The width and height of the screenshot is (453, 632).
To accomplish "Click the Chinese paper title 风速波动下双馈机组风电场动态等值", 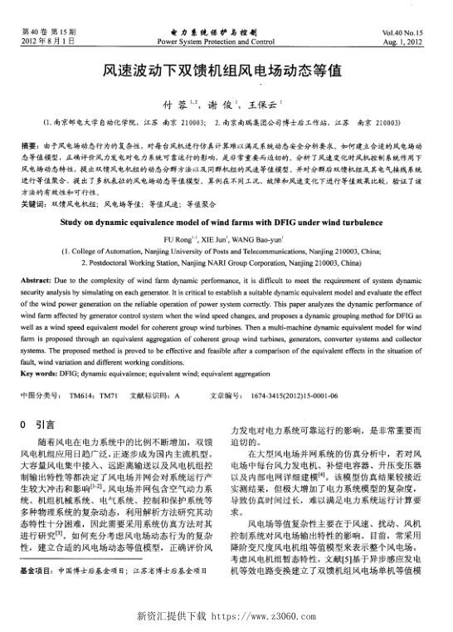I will pos(226,72).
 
